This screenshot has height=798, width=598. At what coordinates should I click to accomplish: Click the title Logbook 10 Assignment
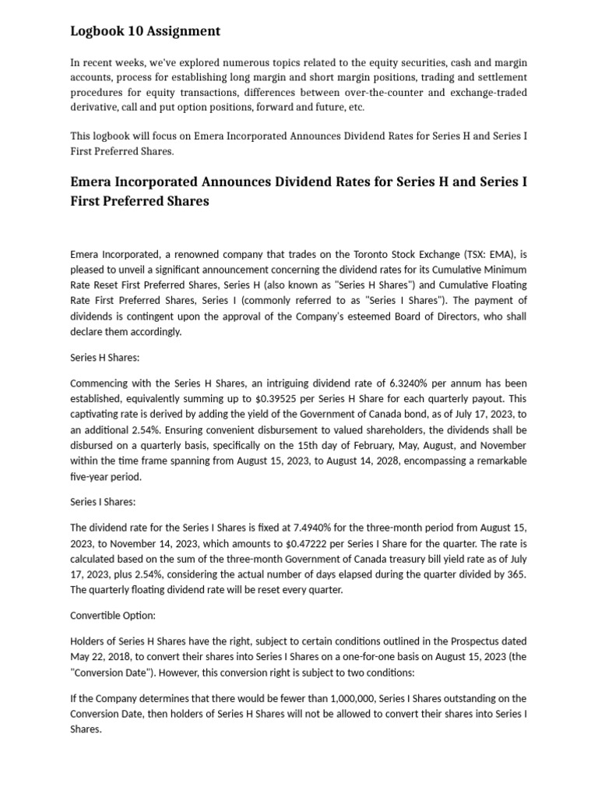pyautogui.click(x=145, y=31)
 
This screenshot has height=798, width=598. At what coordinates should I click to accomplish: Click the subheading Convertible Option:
pyautogui.click(x=113, y=615)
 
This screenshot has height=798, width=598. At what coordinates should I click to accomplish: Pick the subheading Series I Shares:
pyautogui.click(x=103, y=502)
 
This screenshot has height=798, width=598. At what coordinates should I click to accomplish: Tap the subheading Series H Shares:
pyautogui.click(x=104, y=358)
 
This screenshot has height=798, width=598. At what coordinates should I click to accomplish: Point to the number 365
pyautogui.click(x=518, y=574)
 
